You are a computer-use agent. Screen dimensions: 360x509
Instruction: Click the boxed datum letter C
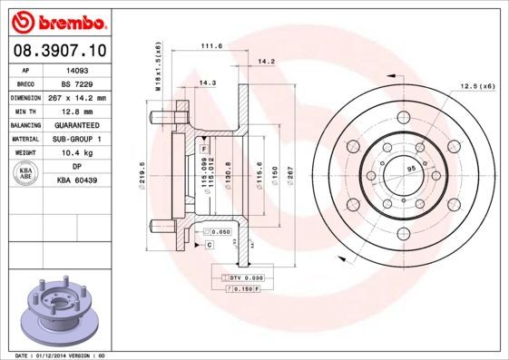pyautogui.click(x=209, y=245)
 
